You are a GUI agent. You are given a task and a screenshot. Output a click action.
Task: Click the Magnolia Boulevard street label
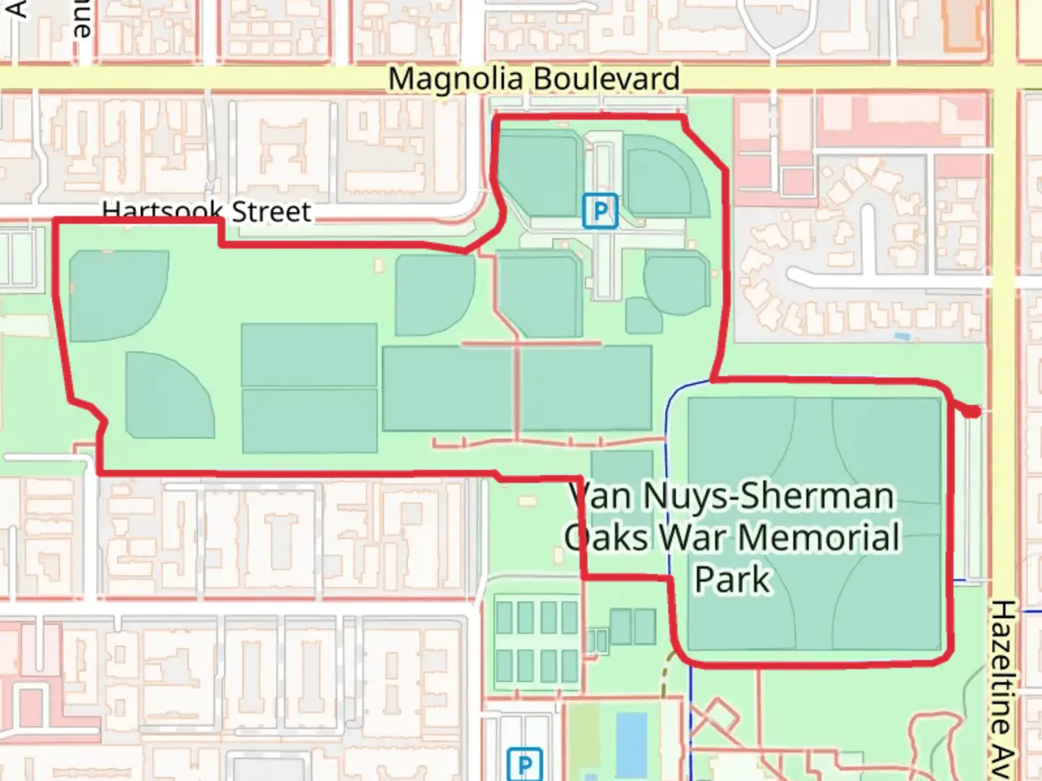pos(533,79)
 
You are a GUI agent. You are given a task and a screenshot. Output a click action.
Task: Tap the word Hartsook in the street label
pos(162,212)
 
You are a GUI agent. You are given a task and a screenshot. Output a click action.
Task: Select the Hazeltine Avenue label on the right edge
pos(1003,687)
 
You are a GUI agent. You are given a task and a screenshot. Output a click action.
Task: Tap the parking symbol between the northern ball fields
pos(600,211)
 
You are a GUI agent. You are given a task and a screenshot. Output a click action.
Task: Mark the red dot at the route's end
pos(973,411)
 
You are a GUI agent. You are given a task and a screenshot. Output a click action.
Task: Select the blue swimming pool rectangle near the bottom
pos(630,741)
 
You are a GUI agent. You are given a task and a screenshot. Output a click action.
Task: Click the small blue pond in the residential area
pos(902,336)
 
